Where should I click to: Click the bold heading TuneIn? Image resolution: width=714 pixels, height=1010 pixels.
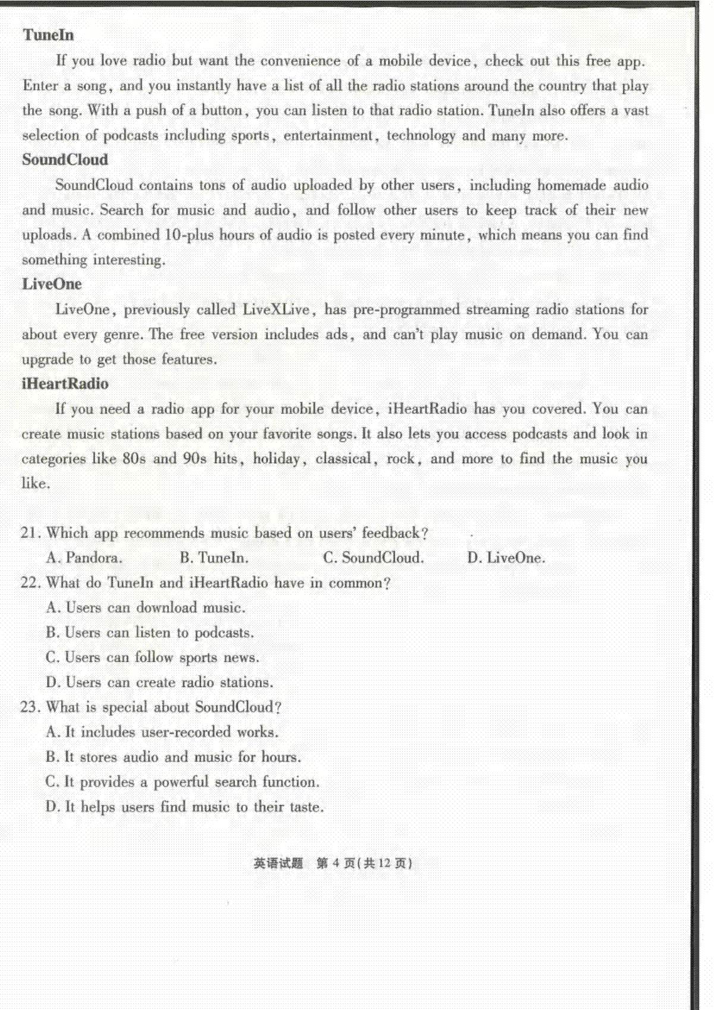point(49,35)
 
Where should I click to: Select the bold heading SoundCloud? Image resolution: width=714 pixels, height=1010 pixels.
point(65,160)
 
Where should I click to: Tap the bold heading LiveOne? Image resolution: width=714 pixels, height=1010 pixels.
point(52,284)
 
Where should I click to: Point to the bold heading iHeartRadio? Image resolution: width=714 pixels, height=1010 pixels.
point(65,384)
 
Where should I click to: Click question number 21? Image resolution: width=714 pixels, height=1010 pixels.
point(29,533)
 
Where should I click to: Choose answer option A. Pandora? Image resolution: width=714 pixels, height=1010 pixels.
point(84,558)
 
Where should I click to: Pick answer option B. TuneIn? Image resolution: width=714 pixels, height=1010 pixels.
point(214,558)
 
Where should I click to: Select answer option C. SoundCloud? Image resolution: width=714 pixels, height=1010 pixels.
point(374,558)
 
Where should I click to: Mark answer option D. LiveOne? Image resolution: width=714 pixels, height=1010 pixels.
point(506,558)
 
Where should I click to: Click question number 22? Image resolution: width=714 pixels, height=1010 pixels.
point(29,583)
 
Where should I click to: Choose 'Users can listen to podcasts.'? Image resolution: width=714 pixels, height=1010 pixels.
point(150,633)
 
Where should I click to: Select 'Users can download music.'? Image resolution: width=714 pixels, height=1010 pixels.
point(146,608)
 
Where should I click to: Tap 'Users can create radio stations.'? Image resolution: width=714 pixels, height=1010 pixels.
point(159,682)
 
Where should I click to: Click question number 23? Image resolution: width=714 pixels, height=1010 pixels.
point(29,707)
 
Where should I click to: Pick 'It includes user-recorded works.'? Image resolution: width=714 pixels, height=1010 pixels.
point(162,732)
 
